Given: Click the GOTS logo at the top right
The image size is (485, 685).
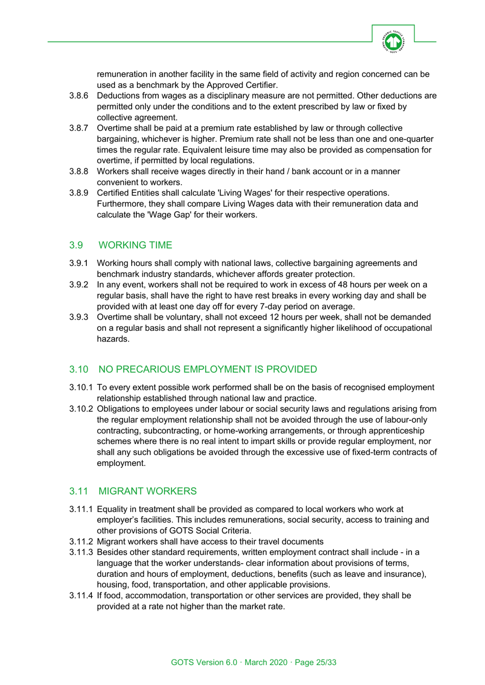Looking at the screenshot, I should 393,41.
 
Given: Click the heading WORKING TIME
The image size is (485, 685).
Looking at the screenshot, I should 135,245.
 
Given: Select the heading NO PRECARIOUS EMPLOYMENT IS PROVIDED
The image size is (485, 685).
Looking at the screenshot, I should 207,369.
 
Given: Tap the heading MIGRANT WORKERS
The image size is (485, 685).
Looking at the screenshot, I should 147,491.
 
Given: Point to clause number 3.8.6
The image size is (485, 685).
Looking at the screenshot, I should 79,95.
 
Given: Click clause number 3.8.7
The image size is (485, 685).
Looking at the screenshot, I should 79,128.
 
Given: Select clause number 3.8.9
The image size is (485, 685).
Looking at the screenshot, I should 79,193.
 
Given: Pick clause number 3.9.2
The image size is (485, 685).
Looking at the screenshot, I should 79,285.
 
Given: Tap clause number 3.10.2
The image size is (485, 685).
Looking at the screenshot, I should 81,409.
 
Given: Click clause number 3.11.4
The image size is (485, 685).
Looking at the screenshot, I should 81,596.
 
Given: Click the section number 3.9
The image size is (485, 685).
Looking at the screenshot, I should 76,245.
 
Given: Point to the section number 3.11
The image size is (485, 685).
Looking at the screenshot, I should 79,491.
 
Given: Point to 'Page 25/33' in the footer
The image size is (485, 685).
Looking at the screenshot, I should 316,663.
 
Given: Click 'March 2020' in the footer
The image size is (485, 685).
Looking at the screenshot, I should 266,663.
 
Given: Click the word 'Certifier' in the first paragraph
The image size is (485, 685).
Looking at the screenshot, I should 259,85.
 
